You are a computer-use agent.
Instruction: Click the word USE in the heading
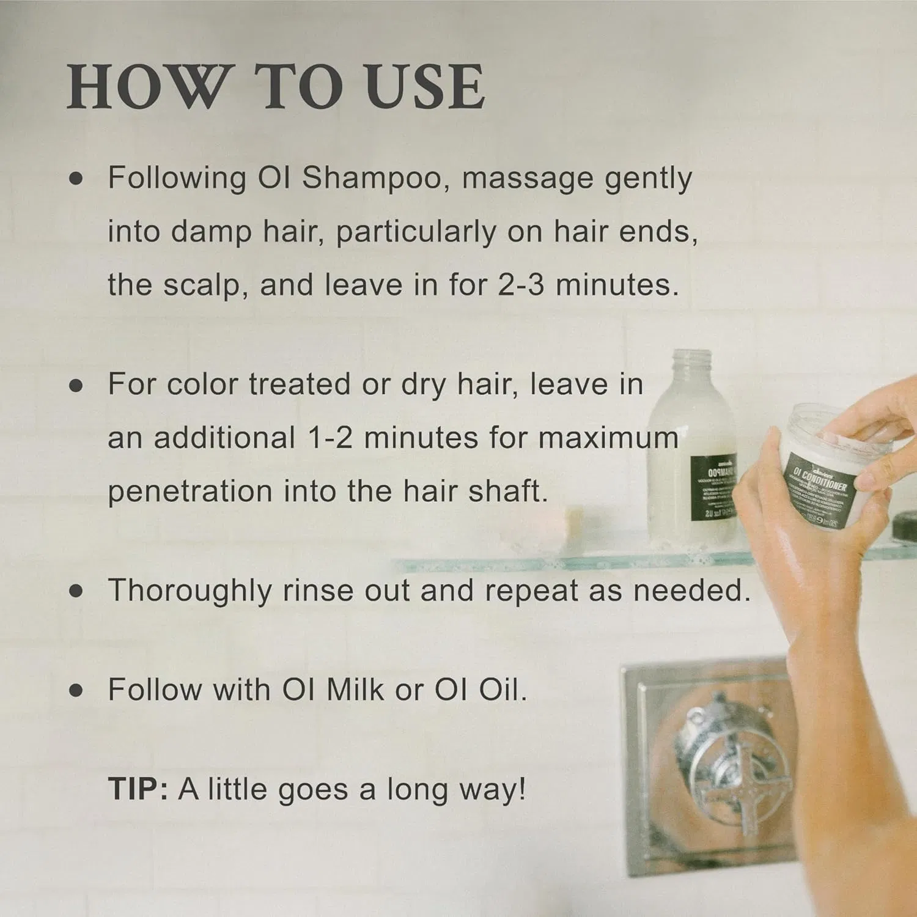coord(426,87)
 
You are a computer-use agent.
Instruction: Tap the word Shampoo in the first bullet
coord(371,178)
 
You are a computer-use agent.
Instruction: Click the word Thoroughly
coord(190,591)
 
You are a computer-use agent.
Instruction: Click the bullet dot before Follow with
coord(76,690)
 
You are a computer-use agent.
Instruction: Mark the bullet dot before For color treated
coord(76,385)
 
